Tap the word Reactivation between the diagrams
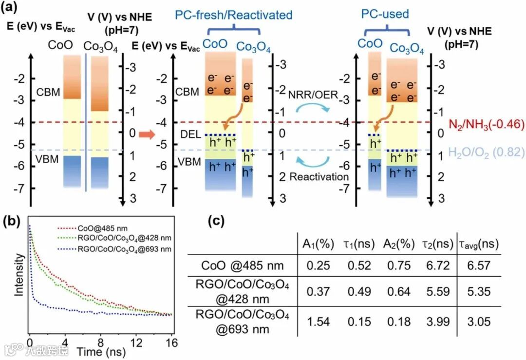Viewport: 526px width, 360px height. click(319, 177)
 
